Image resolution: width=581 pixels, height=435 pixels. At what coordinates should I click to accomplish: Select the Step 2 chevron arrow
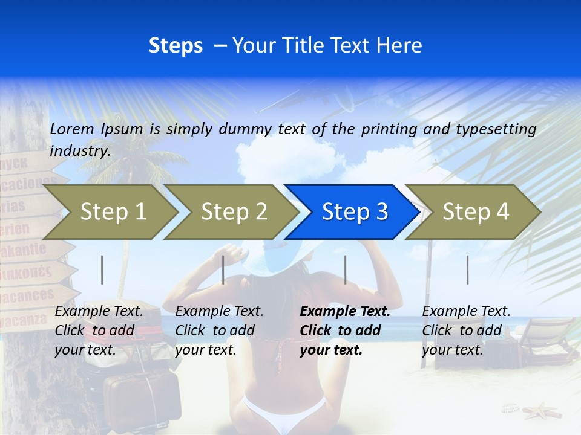point(234,211)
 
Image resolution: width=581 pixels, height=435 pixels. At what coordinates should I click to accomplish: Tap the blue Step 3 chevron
point(355,211)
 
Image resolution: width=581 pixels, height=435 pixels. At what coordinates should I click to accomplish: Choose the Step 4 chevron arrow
point(476,211)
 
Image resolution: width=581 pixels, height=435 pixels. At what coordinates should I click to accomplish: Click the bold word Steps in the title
point(176,45)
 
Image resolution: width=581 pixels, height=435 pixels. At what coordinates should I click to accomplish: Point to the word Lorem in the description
point(72,129)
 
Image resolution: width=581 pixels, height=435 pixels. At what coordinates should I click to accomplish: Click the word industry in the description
point(80,150)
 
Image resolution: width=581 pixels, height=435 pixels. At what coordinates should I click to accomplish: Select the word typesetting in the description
point(496,129)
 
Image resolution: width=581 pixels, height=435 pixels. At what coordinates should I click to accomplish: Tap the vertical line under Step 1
point(102,269)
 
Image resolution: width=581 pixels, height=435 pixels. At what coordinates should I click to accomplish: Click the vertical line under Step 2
point(223,269)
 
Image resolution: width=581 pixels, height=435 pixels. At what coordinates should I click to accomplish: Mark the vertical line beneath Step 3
point(346,269)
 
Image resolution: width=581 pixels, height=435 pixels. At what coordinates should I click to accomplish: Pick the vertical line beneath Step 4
point(467,269)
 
